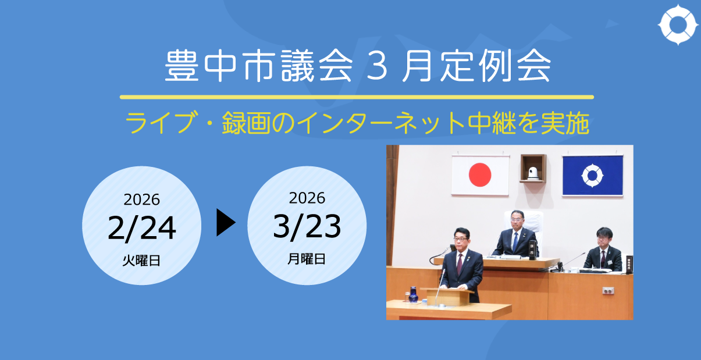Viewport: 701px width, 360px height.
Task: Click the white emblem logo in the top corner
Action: (678, 26)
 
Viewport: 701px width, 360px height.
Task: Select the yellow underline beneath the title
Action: (357, 97)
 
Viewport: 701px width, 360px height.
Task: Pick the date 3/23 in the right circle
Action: (307, 227)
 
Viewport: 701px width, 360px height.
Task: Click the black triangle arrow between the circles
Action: (226, 223)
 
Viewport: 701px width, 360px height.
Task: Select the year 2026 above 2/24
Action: (141, 199)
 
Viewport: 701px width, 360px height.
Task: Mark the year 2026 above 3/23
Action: (307, 198)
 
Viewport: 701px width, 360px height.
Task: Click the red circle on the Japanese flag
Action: (480, 174)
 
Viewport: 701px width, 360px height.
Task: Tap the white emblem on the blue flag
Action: (593, 174)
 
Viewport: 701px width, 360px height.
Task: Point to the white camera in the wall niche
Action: (532, 172)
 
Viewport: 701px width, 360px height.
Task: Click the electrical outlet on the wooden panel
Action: (609, 290)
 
